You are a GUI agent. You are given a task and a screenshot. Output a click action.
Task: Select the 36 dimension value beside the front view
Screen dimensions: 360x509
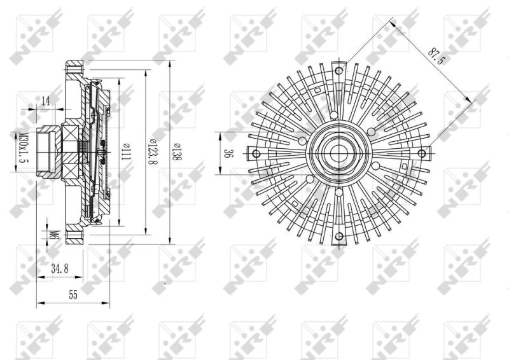click(227, 153)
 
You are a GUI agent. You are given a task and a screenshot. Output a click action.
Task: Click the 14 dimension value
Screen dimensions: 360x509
click(46, 101)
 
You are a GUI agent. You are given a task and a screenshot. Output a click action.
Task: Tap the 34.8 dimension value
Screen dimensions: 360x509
click(60, 270)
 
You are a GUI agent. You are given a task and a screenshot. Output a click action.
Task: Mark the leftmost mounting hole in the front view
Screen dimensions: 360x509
click(256, 153)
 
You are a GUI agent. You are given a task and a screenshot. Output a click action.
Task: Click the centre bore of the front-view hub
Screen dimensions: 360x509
click(338, 153)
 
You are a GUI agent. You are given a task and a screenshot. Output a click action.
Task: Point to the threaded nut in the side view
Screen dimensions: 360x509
click(46, 151)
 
